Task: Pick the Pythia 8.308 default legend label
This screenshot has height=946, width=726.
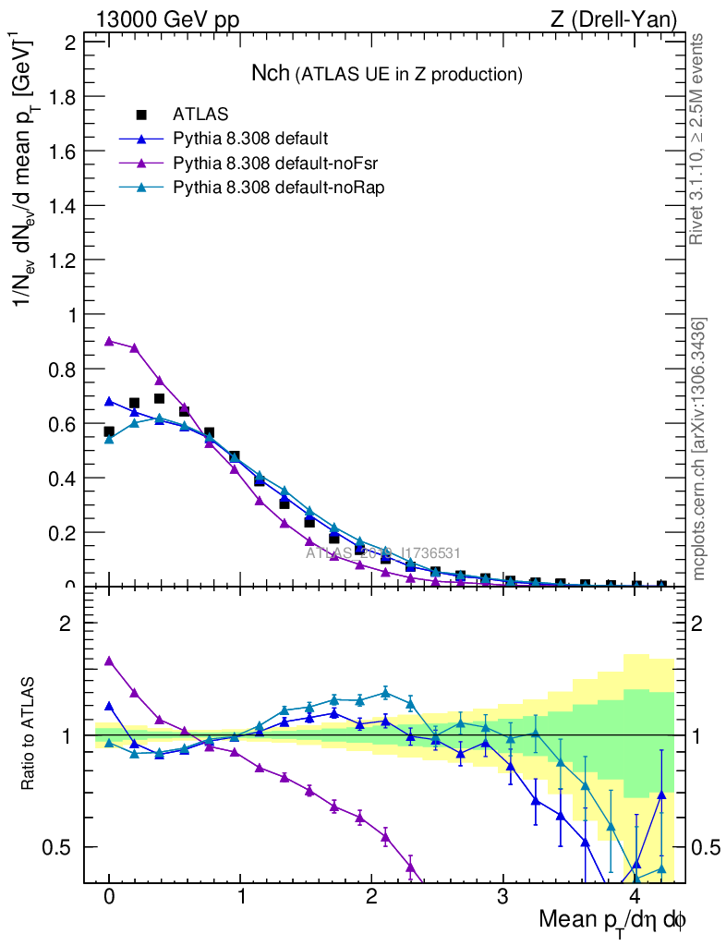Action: tap(249, 139)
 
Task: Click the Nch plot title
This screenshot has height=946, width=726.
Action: tap(387, 73)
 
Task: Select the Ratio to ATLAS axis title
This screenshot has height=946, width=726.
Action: tap(29, 734)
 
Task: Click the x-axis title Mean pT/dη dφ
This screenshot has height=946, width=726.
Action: tap(612, 920)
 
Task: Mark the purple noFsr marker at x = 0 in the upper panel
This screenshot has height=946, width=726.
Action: tap(109, 341)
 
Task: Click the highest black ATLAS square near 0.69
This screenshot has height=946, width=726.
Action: tap(159, 399)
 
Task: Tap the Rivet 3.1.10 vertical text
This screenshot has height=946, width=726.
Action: tap(698, 139)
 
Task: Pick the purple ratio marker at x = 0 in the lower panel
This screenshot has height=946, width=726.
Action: tap(109, 661)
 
